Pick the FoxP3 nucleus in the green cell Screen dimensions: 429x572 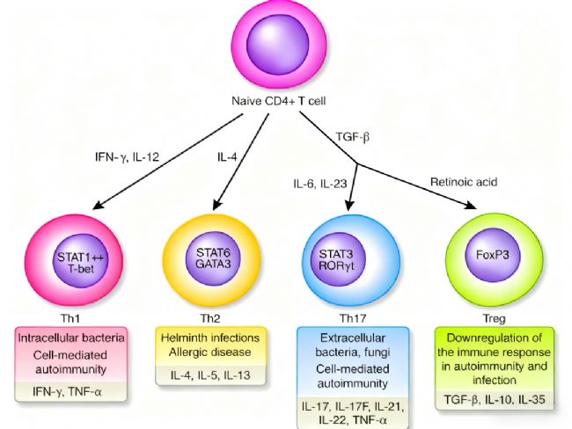click(x=488, y=260)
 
